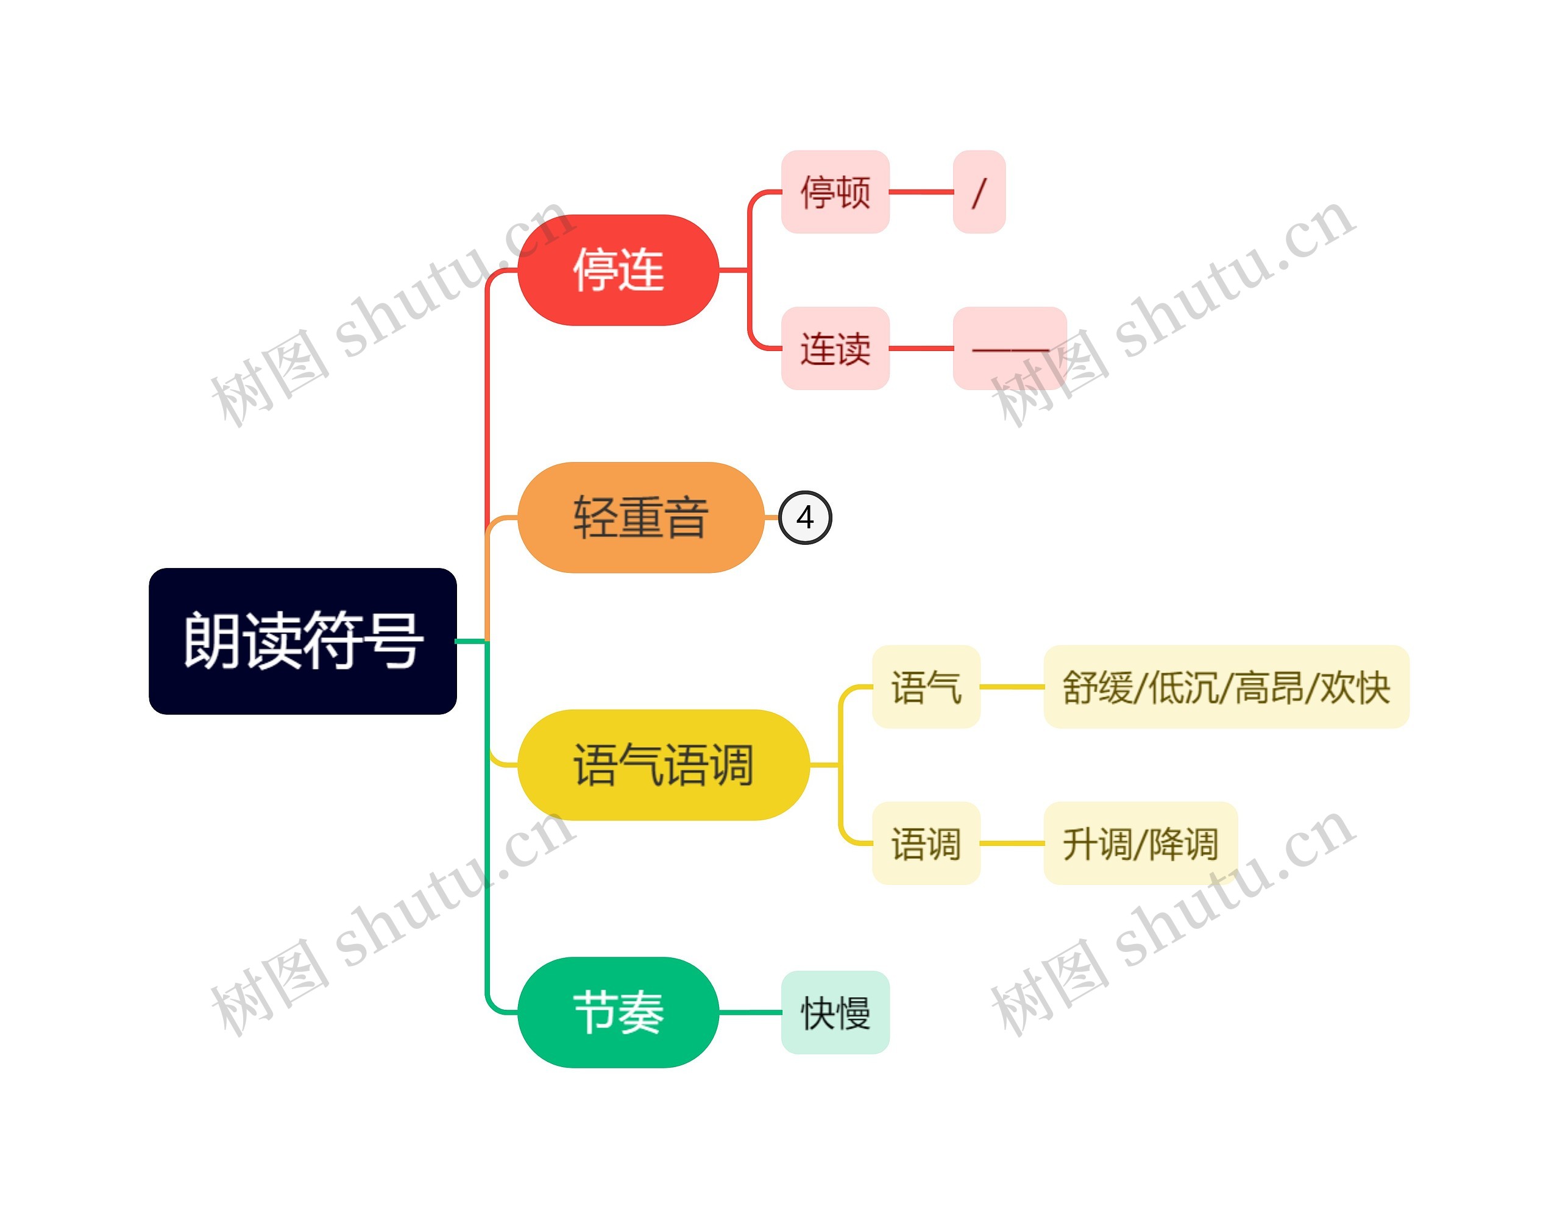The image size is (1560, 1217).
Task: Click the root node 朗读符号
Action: click(x=302, y=640)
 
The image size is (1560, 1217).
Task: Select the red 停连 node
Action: click(x=618, y=270)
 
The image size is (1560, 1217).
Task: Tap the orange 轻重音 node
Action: click(x=640, y=517)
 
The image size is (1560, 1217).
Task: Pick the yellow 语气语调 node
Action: click(x=663, y=764)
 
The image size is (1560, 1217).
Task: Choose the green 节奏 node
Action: click(x=618, y=1012)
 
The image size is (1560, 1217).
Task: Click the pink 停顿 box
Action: click(x=835, y=191)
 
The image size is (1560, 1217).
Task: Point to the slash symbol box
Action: click(x=979, y=191)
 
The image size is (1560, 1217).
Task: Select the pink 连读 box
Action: click(x=835, y=349)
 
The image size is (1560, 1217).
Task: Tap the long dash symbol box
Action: click(x=1009, y=349)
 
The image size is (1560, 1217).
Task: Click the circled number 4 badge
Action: click(x=805, y=517)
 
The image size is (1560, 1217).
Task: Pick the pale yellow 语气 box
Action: click(x=926, y=686)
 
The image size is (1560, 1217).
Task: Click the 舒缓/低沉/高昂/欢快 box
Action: click(x=1225, y=686)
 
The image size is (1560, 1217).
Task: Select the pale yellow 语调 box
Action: click(x=926, y=843)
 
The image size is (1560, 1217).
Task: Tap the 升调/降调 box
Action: click(x=1140, y=843)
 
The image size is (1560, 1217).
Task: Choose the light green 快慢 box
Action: click(x=835, y=1012)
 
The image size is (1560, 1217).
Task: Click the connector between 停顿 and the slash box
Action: click(x=921, y=191)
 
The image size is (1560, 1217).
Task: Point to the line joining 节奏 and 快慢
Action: click(x=750, y=1012)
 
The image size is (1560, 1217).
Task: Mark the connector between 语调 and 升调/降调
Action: click(x=1012, y=843)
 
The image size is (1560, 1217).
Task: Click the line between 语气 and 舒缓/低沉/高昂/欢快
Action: click(x=1012, y=686)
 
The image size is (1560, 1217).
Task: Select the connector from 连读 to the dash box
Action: click(x=921, y=349)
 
